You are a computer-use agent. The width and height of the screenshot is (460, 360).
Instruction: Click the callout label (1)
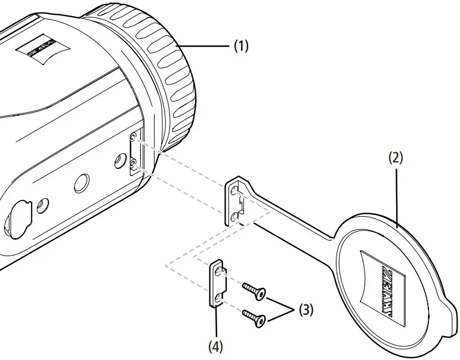point(240,47)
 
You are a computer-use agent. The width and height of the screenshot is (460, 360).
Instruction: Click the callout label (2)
point(396,158)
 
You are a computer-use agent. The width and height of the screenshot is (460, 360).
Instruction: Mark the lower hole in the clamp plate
point(221,296)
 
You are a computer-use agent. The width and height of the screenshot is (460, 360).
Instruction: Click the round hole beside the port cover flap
point(42,206)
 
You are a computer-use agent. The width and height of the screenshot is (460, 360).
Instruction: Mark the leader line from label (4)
point(216,323)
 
